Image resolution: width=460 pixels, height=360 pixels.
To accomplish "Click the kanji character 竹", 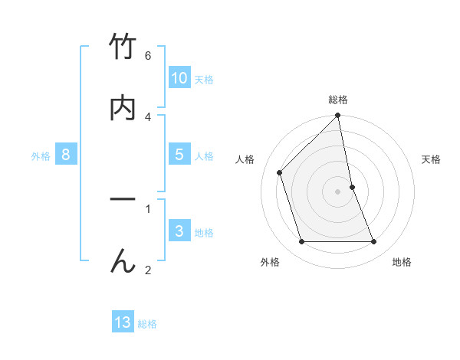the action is point(123,47).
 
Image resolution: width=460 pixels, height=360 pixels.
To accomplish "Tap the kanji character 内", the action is point(123,109).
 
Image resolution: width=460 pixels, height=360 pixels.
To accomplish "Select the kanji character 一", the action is point(123,200).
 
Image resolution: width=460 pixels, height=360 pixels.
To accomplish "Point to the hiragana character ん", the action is point(123,261).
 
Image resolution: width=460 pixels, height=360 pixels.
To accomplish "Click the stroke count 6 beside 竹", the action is point(148,56).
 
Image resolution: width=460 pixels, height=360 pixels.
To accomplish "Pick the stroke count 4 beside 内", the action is point(148,117).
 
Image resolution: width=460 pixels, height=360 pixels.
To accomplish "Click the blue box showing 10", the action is point(179,78).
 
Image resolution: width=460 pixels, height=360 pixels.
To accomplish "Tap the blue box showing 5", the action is point(179,155).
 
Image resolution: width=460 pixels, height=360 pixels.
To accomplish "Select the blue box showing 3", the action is point(179,231).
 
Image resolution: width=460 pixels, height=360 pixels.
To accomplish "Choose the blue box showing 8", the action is point(66,155).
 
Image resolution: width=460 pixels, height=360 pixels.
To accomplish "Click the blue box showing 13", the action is point(123,322).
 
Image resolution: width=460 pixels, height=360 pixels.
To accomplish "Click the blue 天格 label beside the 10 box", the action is point(204,80).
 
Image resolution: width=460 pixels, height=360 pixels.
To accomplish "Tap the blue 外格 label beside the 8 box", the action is point(41,156).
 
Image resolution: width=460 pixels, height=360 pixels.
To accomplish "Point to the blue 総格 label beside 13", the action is point(147,324).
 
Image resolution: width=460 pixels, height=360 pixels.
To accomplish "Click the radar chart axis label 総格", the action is point(338,100).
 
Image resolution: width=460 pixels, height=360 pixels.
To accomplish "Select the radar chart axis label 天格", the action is point(432,159).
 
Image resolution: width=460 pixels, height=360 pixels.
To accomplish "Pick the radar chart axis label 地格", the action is point(402,262).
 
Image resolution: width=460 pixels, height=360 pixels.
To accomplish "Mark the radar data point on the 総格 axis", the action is point(338,116).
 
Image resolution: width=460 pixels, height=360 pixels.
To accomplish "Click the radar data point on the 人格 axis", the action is point(280,172).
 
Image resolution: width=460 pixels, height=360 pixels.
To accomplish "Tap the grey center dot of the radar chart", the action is point(338,191).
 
